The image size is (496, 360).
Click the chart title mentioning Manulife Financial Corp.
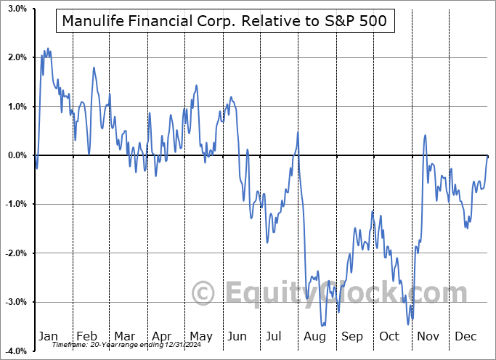pos(225,22)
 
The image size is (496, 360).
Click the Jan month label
pos(49,336)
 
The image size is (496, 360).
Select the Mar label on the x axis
pos(124,336)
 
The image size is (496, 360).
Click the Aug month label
pos(314,336)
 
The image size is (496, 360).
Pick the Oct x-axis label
pos(389,336)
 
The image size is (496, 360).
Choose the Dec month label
pos(465,336)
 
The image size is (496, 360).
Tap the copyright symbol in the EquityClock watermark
pos(203,294)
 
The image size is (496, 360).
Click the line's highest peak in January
pos(47,49)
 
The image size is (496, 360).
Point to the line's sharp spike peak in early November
pos(425,135)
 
